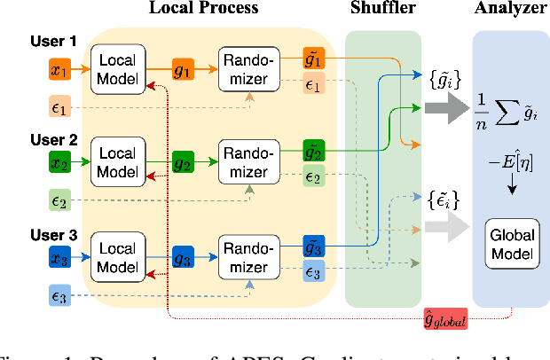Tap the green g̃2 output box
click(314, 148)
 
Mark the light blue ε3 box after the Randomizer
click(314, 272)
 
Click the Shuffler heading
click(381, 9)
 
